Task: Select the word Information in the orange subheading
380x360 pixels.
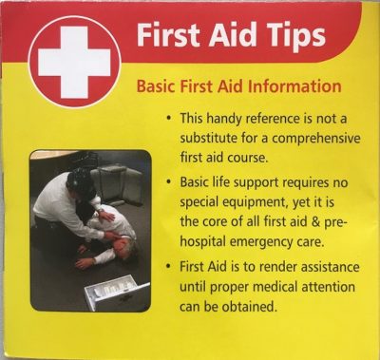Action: [292, 85]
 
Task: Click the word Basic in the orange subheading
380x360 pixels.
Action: [158, 85]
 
